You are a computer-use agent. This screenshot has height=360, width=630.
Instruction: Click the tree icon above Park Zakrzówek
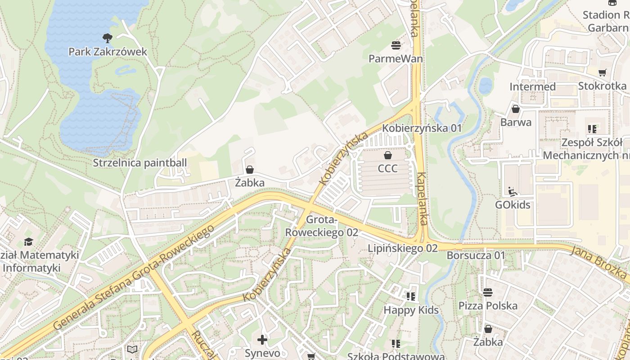click(108, 38)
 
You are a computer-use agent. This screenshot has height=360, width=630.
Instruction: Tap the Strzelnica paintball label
click(139, 162)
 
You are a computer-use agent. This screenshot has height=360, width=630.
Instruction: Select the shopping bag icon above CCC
click(387, 156)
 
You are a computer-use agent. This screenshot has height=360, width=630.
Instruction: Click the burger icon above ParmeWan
click(396, 45)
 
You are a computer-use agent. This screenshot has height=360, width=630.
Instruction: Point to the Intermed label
click(532, 86)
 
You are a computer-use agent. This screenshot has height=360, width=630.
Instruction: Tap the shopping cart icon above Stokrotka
click(602, 72)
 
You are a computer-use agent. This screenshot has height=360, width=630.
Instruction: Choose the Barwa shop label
click(516, 122)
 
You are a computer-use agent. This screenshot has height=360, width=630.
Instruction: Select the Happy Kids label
click(411, 310)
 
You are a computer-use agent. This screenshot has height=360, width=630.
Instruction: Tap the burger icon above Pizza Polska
click(488, 292)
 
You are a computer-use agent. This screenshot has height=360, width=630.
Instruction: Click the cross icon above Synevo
click(262, 340)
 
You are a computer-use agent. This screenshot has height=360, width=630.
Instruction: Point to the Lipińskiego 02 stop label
click(402, 248)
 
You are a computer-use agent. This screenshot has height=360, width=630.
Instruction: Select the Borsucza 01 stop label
click(476, 255)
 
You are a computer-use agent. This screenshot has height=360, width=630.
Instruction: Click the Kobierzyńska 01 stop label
click(422, 128)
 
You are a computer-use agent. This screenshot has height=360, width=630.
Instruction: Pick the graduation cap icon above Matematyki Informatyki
click(29, 242)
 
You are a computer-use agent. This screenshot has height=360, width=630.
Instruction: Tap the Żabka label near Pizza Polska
click(488, 342)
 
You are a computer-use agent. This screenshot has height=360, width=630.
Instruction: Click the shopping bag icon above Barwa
click(516, 109)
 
